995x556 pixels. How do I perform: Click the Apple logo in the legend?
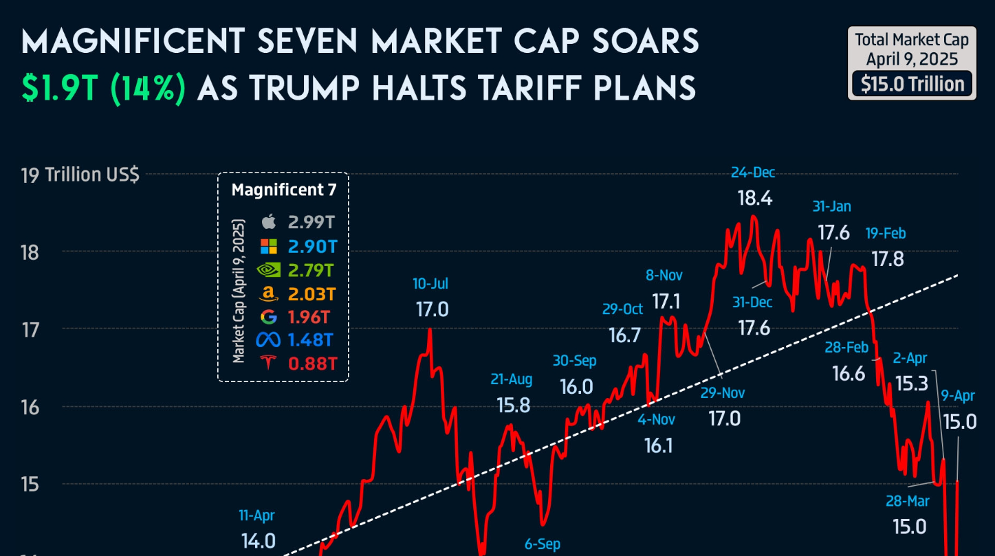tap(269, 221)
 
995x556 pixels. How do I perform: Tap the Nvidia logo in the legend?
tap(269, 269)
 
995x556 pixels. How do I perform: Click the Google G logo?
tap(269, 317)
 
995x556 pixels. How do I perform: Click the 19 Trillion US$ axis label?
tap(80, 175)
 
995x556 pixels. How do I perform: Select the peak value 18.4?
tap(755, 199)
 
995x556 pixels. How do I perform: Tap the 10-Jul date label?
tap(431, 284)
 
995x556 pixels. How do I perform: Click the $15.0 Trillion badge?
tap(912, 85)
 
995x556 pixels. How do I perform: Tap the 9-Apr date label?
tap(959, 395)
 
